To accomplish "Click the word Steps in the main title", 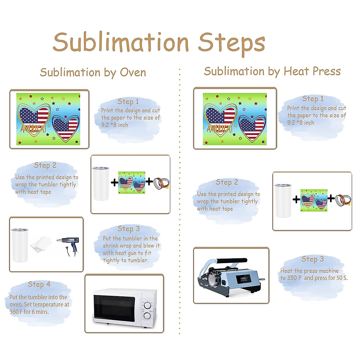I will pos(231,43).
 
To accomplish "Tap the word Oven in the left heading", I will pos(133,72).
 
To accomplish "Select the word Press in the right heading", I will pos(326,71).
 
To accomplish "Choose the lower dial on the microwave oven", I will pos(147,316).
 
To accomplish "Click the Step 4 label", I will pos(39,284).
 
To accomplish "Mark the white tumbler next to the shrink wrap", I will pos(19,244).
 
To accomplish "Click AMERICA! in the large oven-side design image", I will pos(33,129).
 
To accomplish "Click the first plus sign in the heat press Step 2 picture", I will pos(296,199).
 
